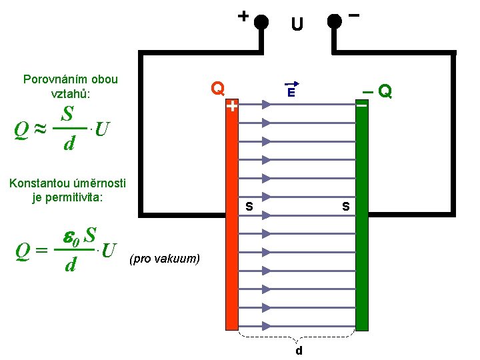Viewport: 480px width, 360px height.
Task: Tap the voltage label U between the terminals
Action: pos(297,25)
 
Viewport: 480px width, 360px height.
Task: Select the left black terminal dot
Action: pos(261,22)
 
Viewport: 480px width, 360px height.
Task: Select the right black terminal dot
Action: pos(335,22)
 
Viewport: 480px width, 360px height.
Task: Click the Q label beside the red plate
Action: pos(217,88)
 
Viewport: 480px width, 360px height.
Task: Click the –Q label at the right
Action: pos(378,90)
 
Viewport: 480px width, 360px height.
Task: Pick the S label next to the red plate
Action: pos(249,207)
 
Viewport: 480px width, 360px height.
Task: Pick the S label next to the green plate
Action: pos(346,207)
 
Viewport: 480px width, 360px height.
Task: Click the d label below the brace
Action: pos(299,350)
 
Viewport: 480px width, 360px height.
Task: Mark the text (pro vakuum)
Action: pos(165,258)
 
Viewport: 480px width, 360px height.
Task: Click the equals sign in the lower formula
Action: pos(41,253)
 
